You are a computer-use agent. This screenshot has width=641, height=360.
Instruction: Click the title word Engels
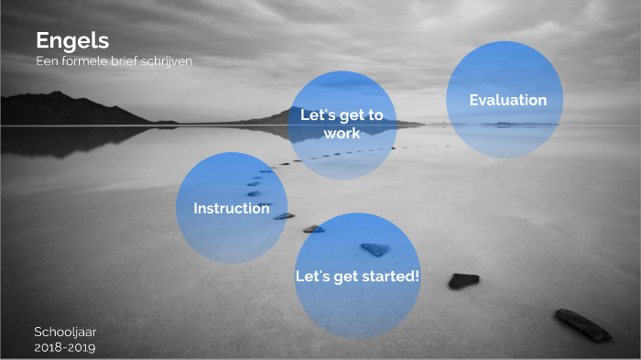(72, 40)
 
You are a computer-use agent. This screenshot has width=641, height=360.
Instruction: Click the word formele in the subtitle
(83, 60)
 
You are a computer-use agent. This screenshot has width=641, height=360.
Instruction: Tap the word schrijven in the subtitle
(166, 60)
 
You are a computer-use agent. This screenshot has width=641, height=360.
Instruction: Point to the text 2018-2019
(64, 347)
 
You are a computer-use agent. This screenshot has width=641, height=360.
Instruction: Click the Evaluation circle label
(507, 100)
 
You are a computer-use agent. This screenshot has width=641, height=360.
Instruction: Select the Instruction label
(231, 208)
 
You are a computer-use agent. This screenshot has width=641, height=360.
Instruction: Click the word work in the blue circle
(342, 133)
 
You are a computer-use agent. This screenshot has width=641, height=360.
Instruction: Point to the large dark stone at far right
(582, 324)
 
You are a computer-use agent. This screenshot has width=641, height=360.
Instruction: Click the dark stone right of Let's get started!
(463, 280)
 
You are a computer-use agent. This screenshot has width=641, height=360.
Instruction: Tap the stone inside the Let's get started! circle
(375, 248)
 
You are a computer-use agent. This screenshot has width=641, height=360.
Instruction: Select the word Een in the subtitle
(46, 60)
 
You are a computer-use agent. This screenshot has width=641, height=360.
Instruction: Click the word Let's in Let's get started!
(311, 275)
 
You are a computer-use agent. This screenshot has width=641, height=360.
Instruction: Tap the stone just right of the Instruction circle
(284, 216)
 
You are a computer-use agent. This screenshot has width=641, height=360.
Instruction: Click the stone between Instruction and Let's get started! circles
(313, 228)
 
